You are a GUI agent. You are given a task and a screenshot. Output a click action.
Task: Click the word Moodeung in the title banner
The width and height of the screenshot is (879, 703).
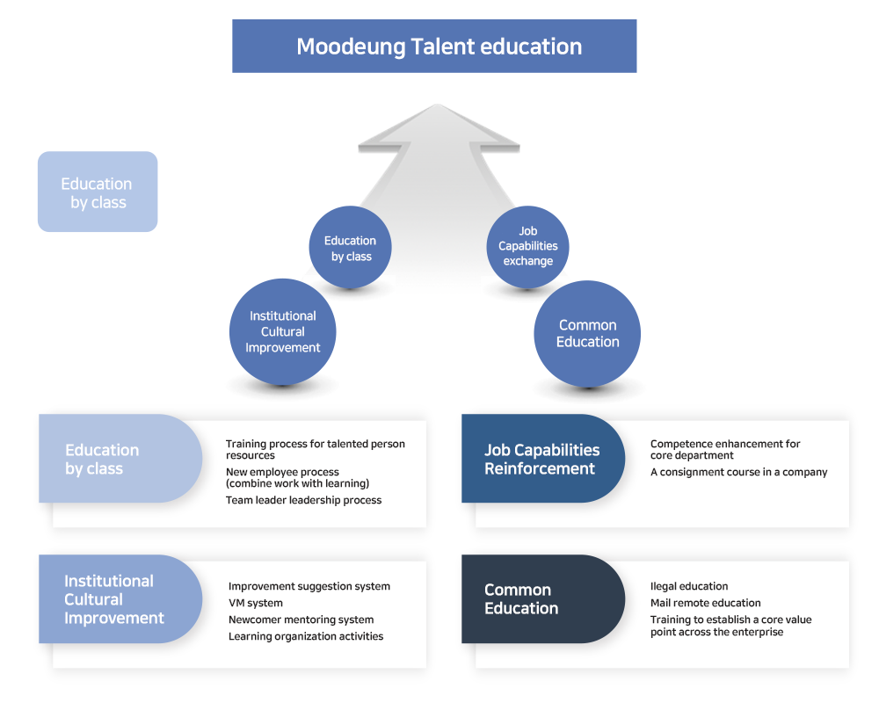coord(351,47)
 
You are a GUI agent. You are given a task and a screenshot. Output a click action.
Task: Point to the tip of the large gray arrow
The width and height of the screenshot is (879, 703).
coord(437,105)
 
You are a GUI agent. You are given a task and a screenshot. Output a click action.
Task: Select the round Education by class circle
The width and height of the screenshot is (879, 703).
coord(351,247)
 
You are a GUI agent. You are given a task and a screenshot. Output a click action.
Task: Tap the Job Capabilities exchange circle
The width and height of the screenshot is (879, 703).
coord(527,247)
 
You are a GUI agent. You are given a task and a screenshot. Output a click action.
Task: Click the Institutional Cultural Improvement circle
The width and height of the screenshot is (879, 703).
coord(282,332)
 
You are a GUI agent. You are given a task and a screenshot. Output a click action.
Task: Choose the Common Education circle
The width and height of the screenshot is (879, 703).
coord(587,334)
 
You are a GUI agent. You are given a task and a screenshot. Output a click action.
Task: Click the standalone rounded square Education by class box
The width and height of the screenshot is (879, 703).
coord(98,192)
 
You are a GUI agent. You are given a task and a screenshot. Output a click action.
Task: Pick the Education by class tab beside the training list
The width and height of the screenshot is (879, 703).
coord(120,459)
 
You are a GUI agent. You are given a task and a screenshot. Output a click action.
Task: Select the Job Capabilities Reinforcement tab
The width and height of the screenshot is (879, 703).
coord(542,459)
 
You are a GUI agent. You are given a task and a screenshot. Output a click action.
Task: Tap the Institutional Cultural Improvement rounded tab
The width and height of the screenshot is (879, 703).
coord(120,598)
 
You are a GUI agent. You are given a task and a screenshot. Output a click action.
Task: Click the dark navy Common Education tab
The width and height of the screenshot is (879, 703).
coord(542,598)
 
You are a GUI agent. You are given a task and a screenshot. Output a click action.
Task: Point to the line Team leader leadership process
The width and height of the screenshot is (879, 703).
coord(304,500)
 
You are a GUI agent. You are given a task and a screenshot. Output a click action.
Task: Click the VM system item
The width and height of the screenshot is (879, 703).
coord(256,603)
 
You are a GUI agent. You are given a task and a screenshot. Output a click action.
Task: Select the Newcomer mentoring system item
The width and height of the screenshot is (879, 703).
coord(301,620)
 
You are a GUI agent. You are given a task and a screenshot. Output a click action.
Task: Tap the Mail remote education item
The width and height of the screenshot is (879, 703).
coord(706,603)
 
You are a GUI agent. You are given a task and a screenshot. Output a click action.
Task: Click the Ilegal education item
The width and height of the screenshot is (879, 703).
coord(689,586)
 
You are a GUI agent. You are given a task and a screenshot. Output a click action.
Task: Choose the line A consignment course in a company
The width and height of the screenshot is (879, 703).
coord(739,472)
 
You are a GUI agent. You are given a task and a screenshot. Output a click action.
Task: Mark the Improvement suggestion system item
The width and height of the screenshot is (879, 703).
coord(309,586)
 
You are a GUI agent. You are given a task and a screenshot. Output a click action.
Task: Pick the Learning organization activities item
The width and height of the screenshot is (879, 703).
coord(306,636)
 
